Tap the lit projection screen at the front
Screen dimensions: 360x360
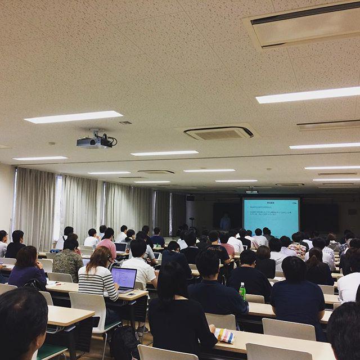pos(271,217)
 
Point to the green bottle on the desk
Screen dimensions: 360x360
pos(242,291)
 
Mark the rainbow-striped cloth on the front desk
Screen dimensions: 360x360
pos(224,336)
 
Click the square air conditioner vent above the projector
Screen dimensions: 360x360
pos(218,133)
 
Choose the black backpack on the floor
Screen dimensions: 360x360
pos(124,343)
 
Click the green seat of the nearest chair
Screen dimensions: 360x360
pos(51,352)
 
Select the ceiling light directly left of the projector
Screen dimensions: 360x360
pos(73,117)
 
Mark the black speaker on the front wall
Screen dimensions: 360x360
pos(190,199)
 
